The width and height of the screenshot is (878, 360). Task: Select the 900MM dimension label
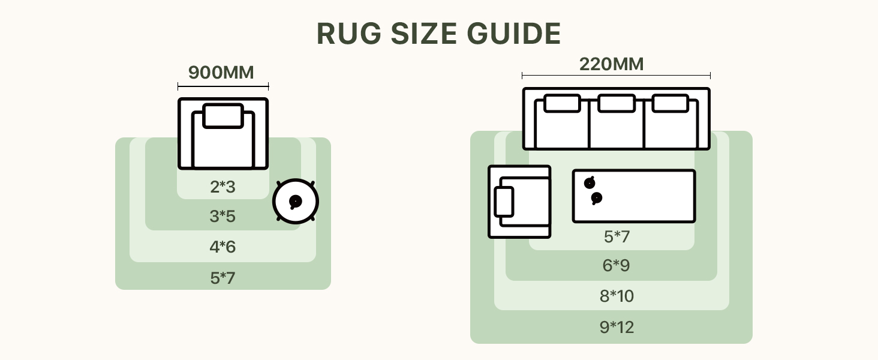(221, 73)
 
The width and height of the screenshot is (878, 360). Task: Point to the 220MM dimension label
(611, 64)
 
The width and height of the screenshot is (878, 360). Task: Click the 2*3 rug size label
(222, 187)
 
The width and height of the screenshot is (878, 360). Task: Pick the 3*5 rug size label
(222, 217)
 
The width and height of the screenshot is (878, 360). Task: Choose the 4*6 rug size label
(222, 247)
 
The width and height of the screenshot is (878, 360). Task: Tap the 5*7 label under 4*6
(222, 278)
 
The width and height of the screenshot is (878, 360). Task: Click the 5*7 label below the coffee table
(617, 237)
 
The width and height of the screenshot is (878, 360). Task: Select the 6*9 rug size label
(617, 266)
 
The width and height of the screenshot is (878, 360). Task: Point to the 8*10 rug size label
(617, 296)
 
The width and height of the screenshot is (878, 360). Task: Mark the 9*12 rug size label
(617, 328)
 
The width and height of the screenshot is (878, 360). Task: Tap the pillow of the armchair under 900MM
(223, 116)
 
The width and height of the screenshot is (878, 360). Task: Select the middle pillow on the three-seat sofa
(616, 103)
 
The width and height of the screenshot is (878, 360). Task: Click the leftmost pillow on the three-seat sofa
(562, 103)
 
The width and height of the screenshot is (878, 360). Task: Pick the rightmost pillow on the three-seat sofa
(670, 103)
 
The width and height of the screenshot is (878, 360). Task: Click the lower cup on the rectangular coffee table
(596, 198)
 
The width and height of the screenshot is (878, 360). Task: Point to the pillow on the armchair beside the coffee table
(504, 202)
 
